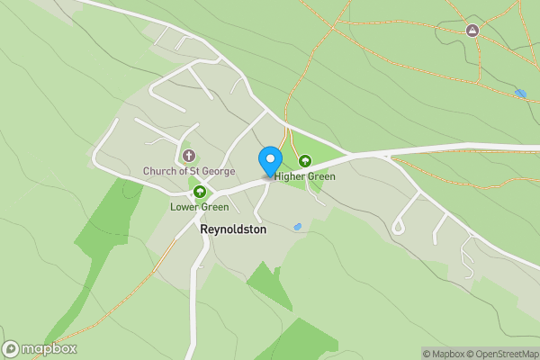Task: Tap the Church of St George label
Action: click(189, 171)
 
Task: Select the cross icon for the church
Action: click(189, 157)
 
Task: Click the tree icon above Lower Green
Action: click(200, 192)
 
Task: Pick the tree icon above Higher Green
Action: click(304, 161)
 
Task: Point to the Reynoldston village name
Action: click(233, 229)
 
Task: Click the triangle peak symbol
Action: click(472, 31)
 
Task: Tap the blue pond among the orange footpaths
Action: click(520, 93)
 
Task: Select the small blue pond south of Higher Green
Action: click(297, 227)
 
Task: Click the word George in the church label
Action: click(218, 171)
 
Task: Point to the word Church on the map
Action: click(160, 171)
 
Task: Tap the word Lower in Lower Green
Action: click(184, 207)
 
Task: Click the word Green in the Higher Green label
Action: click(321, 176)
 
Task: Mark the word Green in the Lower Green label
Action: click(214, 207)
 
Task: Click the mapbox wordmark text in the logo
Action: click(49, 348)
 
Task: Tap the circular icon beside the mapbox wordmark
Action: click(12, 348)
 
